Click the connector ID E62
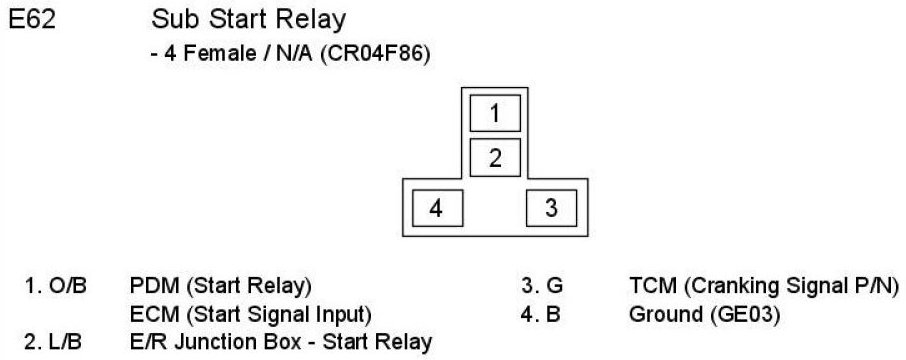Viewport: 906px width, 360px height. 32,20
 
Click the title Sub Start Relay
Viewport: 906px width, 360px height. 248,20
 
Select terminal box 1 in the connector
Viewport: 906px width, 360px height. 495,113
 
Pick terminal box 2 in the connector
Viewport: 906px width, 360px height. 495,157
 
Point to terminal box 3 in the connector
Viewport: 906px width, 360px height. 552,207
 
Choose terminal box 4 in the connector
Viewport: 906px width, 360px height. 437,207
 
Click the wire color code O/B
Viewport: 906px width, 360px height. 68,285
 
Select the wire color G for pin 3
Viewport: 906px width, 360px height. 555,285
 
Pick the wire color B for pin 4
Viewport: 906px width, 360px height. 553,314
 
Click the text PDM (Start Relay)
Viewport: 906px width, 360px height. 221,286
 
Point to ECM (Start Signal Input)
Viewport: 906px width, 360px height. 250,315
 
